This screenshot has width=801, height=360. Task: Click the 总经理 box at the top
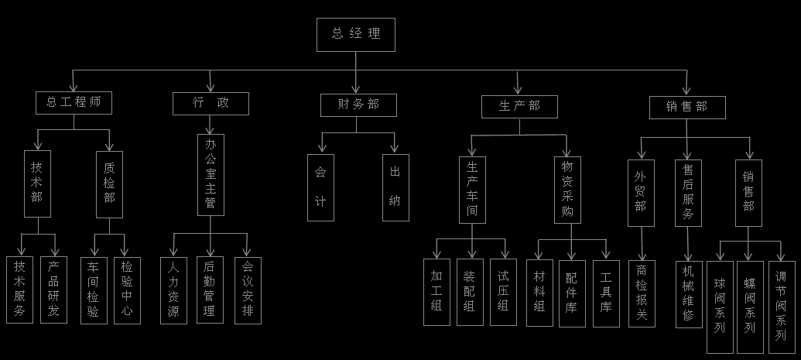[355, 35]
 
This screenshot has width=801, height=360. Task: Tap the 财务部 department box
[358, 105]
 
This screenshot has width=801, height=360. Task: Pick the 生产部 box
[519, 106]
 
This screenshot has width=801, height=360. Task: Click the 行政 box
[211, 103]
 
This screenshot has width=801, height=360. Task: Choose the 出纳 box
[395, 187]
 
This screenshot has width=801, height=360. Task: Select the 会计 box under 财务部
[320, 187]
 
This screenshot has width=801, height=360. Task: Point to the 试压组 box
[503, 292]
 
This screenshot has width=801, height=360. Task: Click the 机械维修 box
[688, 294]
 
